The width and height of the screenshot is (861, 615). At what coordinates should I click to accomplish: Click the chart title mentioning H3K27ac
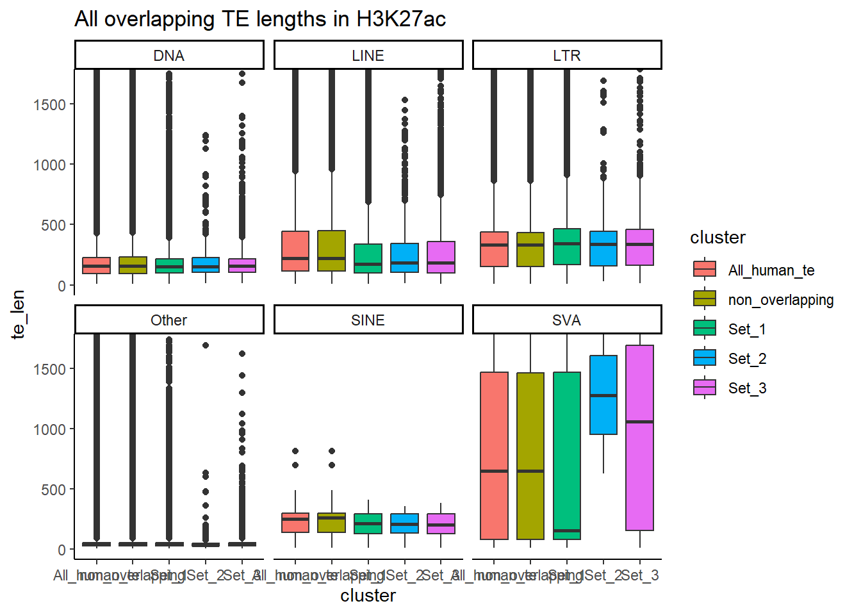click(x=259, y=19)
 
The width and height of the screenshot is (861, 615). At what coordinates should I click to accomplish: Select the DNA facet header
click(x=169, y=56)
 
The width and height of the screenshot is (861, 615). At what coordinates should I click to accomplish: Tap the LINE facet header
click(x=368, y=56)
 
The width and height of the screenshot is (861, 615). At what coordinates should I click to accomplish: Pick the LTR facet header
click(x=567, y=56)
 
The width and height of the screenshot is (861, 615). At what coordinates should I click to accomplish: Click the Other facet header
click(x=169, y=320)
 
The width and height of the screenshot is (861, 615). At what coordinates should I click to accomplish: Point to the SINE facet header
click(x=368, y=320)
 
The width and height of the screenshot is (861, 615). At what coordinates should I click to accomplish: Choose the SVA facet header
click(x=567, y=320)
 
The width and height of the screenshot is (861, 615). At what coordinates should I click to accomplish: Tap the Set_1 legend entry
click(x=746, y=329)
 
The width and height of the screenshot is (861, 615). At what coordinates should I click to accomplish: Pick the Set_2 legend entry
click(x=746, y=359)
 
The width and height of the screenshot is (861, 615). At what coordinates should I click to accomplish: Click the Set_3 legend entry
click(x=746, y=388)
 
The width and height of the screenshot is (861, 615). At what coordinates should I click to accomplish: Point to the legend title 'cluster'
click(x=717, y=238)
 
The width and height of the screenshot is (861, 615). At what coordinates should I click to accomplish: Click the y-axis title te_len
click(x=18, y=314)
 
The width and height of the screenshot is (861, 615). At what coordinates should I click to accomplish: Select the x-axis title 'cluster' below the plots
click(x=368, y=596)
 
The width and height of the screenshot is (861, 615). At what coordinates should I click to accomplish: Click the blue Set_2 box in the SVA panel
click(x=603, y=395)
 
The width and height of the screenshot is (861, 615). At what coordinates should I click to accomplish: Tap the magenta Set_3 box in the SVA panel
click(x=640, y=438)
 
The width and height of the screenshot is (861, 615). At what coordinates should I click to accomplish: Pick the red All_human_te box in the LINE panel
click(x=295, y=251)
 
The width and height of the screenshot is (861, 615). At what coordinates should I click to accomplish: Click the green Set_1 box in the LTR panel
click(x=567, y=247)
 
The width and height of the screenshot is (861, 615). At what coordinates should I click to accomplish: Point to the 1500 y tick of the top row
click(x=49, y=104)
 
